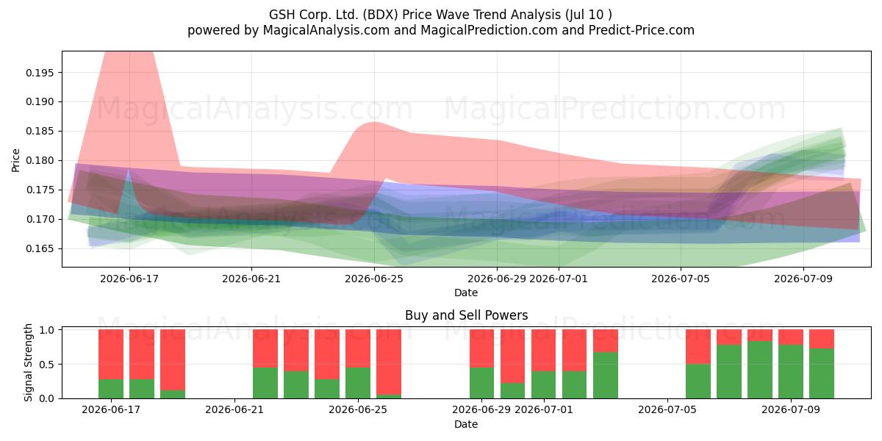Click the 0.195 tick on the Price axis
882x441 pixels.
40,73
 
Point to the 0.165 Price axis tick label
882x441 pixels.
40,249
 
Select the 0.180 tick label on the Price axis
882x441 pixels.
40,161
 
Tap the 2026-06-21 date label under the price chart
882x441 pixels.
251,279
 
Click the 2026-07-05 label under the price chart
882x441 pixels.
681,279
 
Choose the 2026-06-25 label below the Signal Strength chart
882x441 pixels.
358,410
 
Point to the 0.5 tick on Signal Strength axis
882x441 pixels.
46,365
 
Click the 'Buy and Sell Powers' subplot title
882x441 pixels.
466,315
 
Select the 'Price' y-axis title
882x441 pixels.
15,160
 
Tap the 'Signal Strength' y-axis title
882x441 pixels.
28,362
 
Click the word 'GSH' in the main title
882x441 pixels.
282,15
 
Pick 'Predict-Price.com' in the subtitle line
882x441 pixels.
642,30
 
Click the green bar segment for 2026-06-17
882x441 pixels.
111,389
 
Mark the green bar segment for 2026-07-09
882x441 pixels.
791,372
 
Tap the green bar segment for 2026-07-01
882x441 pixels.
543,384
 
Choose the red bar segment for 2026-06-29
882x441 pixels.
481,348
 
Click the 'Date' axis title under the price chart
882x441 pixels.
466,293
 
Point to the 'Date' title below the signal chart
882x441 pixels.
466,425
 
